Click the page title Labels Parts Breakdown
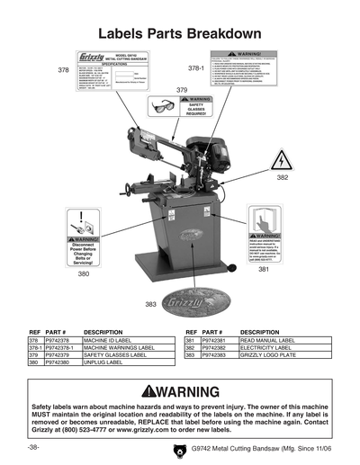tap(179, 33)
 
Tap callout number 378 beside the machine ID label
tap(63, 69)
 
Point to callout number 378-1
tap(196, 68)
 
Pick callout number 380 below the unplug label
tap(83, 273)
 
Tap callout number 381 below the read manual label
tap(264, 269)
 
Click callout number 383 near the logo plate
tap(151, 304)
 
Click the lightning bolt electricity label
tap(283, 160)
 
